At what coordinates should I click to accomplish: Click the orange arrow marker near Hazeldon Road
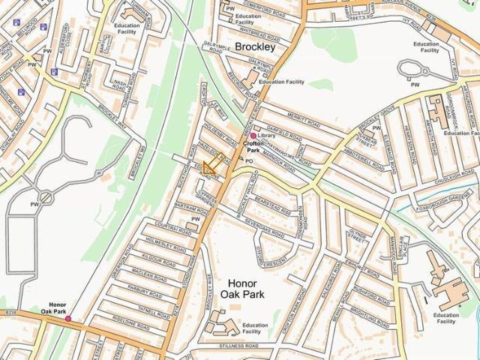(x=213, y=164)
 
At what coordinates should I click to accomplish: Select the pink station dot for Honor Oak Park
(x=68, y=319)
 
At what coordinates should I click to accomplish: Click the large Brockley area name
(x=255, y=46)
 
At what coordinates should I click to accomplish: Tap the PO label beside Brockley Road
(x=250, y=160)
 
